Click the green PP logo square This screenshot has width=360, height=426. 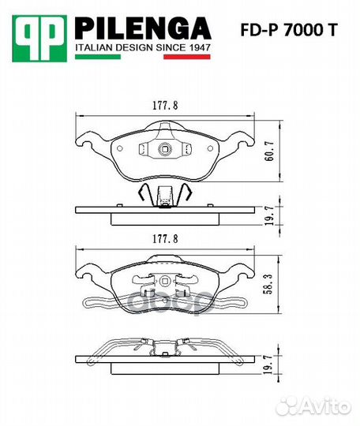point(39,39)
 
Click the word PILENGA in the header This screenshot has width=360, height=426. point(143,28)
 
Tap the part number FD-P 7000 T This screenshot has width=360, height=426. point(289,30)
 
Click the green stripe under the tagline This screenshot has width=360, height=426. point(98,57)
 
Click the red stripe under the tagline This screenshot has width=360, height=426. point(187,57)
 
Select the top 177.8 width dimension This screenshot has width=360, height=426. point(165,106)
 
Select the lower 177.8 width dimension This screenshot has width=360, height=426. point(165,239)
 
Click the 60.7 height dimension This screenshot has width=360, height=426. point(269,151)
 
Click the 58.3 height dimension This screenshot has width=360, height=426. point(268,284)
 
